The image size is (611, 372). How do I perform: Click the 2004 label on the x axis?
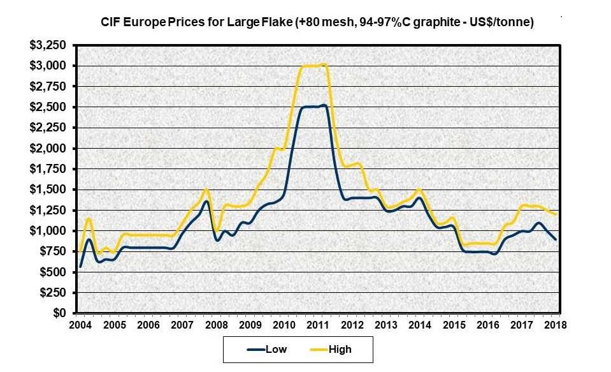80,324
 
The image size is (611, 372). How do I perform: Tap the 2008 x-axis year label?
217,324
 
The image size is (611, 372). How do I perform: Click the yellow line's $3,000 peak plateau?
312,65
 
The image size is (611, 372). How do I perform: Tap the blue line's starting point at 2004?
80,266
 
